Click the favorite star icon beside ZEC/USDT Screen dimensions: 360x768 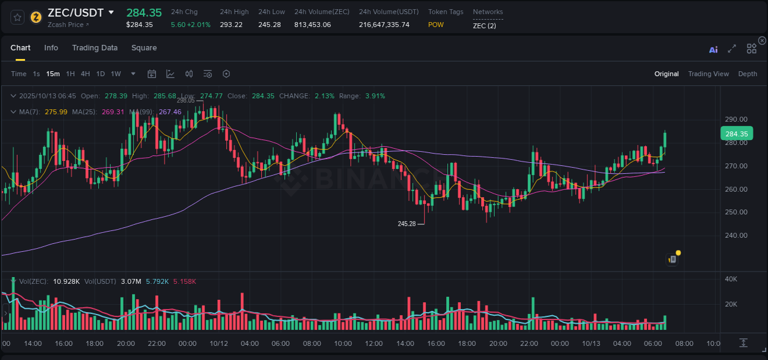coord(17,17)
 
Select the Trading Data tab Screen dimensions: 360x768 coord(95,48)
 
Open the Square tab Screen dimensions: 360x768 coord(144,48)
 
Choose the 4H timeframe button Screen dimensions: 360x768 coord(85,74)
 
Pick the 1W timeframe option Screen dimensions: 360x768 coord(116,74)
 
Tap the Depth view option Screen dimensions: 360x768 coord(747,74)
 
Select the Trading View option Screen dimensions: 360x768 coord(708,74)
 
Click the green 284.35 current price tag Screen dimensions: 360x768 coord(736,134)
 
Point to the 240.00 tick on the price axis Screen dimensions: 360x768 coord(736,235)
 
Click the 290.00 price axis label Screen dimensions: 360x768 coord(736,119)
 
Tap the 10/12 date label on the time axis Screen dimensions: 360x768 coord(219,343)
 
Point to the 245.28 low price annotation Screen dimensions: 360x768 coord(407,224)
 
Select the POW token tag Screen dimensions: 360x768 coord(436,25)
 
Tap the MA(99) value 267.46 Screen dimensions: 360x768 coord(170,112)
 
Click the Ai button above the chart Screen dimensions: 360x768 coord(713,50)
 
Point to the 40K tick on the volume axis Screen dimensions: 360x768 coord(731,279)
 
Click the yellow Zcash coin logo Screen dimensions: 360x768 coord(36,17)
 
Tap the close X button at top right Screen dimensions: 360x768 coord(762,41)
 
